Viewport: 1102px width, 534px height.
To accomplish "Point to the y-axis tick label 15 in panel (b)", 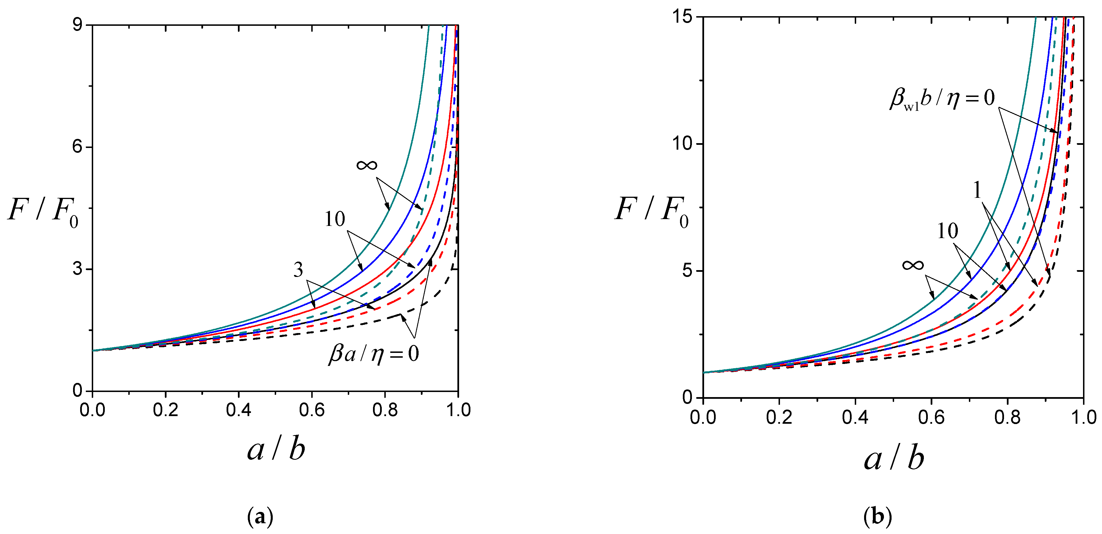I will coord(682,17).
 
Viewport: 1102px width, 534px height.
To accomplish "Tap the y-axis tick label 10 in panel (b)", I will coord(682,143).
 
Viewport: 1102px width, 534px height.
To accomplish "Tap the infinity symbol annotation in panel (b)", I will coord(913,265).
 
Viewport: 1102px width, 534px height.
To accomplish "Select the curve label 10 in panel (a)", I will coord(334,220).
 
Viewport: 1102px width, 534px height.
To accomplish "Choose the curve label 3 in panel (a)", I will coord(298,270).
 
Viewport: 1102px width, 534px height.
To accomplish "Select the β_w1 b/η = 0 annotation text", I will coord(942,99).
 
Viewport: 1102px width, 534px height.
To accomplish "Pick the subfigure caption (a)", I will coord(260,517).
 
